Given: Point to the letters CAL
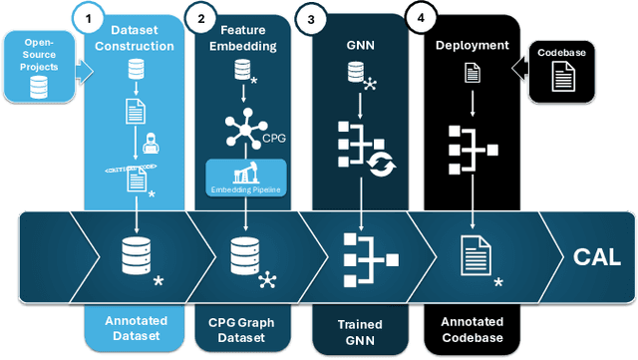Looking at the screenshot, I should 595,258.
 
